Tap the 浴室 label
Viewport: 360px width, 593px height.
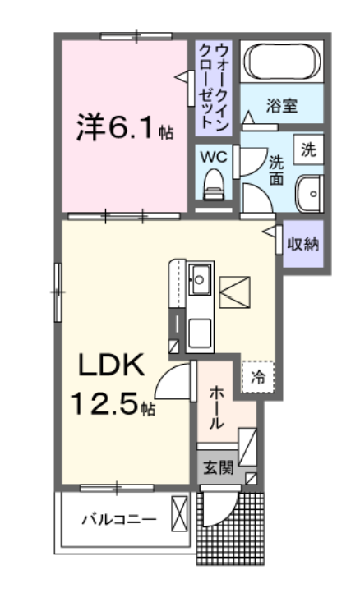(282, 106)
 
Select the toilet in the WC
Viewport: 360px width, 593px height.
(213, 185)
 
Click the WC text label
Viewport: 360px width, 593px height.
(214, 157)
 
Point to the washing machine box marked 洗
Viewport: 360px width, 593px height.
(308, 149)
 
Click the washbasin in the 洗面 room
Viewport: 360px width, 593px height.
(310, 194)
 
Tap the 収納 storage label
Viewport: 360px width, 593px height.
(303, 245)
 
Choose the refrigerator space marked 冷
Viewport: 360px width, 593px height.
(258, 377)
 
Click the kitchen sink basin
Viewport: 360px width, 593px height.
(200, 280)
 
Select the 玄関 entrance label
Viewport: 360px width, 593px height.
(218, 468)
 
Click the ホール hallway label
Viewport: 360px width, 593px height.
(216, 407)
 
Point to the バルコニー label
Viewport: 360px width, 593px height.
(119, 519)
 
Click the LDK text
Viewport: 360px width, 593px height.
(111, 365)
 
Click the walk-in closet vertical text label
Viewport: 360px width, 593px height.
(214, 88)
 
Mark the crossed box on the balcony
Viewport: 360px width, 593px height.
(179, 513)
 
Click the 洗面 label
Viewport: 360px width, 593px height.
(276, 171)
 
